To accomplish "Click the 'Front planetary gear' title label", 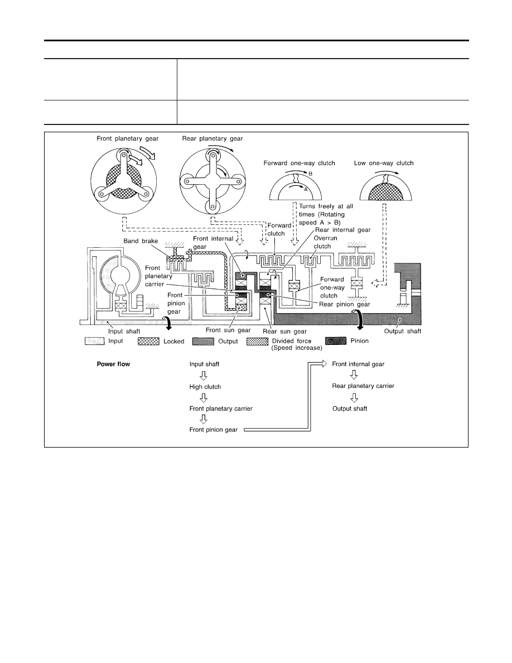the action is pos(128,138).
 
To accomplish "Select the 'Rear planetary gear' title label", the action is pos(212,138).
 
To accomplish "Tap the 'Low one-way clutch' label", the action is pos(384,163).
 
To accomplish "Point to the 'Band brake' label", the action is pos(141,241).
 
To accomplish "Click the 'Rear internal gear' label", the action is pos(343,230).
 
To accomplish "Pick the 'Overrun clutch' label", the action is pos(325,242).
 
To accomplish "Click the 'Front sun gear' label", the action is pos(228,330).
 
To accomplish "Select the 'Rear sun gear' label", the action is pos(285,331).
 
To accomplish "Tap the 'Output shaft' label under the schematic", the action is pos(403,331).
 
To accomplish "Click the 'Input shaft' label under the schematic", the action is pos(124,331).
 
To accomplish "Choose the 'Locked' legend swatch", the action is pos(149,341).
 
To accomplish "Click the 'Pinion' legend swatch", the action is pos(336,341).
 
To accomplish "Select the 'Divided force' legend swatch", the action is pos(257,341).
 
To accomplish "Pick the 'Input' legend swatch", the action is pos(95,341).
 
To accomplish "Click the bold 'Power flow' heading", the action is pos(114,364).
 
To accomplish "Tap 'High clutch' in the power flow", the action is pos(205,387).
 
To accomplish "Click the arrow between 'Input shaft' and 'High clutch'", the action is pos(204,376).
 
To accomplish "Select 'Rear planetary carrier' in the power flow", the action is pos(363,386).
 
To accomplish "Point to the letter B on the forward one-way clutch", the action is pos(310,174).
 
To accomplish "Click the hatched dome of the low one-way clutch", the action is pos(386,191).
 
